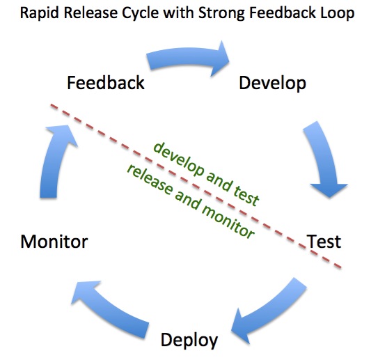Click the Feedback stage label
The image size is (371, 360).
tap(106, 83)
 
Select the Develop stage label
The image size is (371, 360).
tap(273, 84)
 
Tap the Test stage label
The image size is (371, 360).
tap(324, 242)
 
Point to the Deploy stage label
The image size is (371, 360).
tap(189, 341)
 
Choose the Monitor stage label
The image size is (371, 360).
tap(54, 242)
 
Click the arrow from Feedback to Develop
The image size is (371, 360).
tap(187, 58)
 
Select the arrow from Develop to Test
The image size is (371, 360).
tap(324, 159)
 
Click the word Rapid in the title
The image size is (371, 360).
tap(39, 13)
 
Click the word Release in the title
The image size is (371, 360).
tap(90, 13)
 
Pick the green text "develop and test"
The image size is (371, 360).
tap(206, 173)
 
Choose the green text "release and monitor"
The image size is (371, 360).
tap(191, 201)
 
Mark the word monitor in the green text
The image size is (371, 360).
tap(228, 221)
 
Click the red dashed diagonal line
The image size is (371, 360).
tap(196, 186)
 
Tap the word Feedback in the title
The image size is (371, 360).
tap(283, 13)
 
